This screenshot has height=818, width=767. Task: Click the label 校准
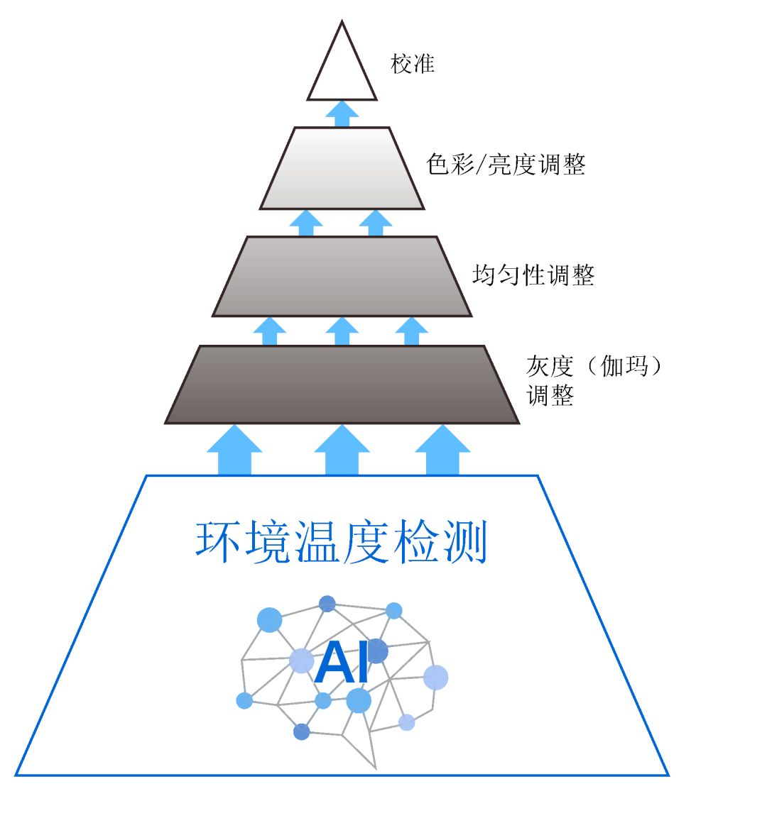(413, 64)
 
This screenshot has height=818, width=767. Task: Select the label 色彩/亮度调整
(506, 165)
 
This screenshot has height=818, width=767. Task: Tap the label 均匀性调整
(533, 275)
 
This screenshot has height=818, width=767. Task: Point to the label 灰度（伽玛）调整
(594, 380)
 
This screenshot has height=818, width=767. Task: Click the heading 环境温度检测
(342, 543)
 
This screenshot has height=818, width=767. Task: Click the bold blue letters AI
(342, 663)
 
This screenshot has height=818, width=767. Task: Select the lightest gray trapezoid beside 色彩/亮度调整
(342, 168)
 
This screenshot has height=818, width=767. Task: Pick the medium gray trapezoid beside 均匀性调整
(342, 276)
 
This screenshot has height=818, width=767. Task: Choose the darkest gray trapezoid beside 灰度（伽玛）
(342, 385)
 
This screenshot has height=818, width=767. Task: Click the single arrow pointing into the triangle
(342, 114)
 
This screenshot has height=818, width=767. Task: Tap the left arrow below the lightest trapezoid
(306, 223)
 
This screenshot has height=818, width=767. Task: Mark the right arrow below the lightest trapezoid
(376, 223)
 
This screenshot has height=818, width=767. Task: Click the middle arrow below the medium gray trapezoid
(342, 331)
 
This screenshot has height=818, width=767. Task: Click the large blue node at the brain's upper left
(269, 619)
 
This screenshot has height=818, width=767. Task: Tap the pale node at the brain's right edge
(435, 678)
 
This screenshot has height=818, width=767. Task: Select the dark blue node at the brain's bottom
(301, 731)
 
